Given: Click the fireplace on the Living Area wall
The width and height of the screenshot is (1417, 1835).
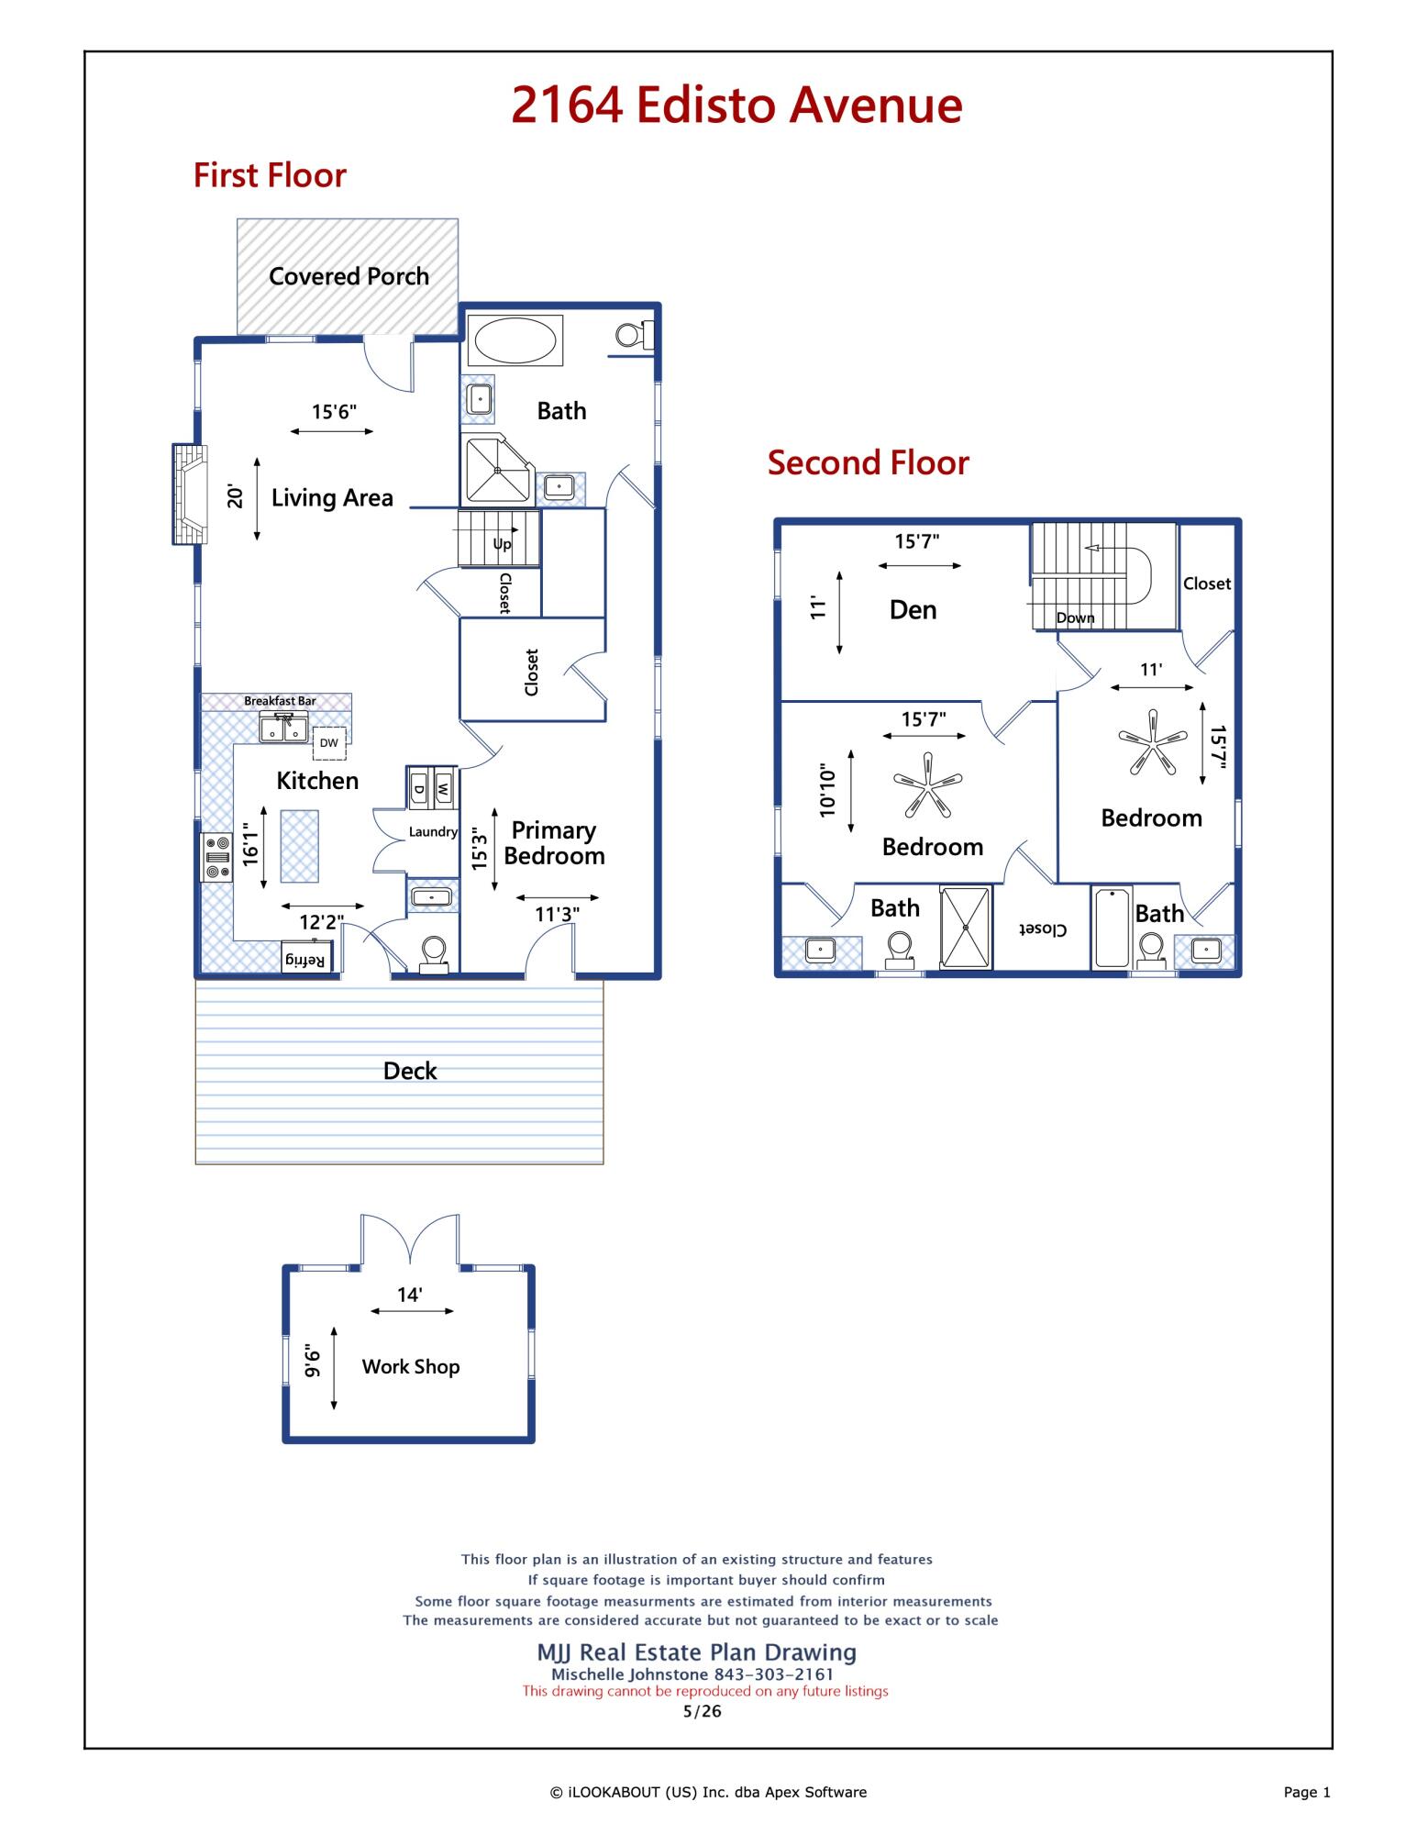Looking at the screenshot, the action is click(x=190, y=495).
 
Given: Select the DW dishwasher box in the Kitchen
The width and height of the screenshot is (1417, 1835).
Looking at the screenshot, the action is click(x=329, y=743).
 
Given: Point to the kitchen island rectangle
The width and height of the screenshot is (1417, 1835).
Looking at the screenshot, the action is click(x=299, y=846).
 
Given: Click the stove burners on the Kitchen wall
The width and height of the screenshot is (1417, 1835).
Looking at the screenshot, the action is click(x=217, y=857).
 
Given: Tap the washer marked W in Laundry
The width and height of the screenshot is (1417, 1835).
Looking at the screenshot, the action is click(x=444, y=787).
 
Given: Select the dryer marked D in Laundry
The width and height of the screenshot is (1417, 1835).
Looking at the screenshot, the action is click(x=419, y=787).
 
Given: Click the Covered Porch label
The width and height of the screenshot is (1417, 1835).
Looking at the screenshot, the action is click(x=349, y=276).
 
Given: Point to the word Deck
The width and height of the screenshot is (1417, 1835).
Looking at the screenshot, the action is click(x=410, y=1071).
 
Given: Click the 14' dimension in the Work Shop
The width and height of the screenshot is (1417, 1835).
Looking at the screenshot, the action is click(x=409, y=1295).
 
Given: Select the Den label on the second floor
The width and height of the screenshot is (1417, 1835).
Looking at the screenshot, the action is click(x=913, y=610).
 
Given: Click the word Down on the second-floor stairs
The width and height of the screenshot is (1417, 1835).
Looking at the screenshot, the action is click(x=1075, y=617).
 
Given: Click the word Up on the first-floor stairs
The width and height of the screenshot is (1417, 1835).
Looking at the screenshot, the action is click(x=503, y=544).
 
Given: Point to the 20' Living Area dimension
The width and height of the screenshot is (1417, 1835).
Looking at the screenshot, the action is click(x=236, y=498).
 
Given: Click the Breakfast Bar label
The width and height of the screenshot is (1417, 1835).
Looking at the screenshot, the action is click(x=280, y=701).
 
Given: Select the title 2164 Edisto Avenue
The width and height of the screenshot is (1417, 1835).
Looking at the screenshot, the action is click(x=736, y=106).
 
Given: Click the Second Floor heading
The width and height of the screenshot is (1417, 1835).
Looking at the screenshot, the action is click(x=868, y=462).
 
